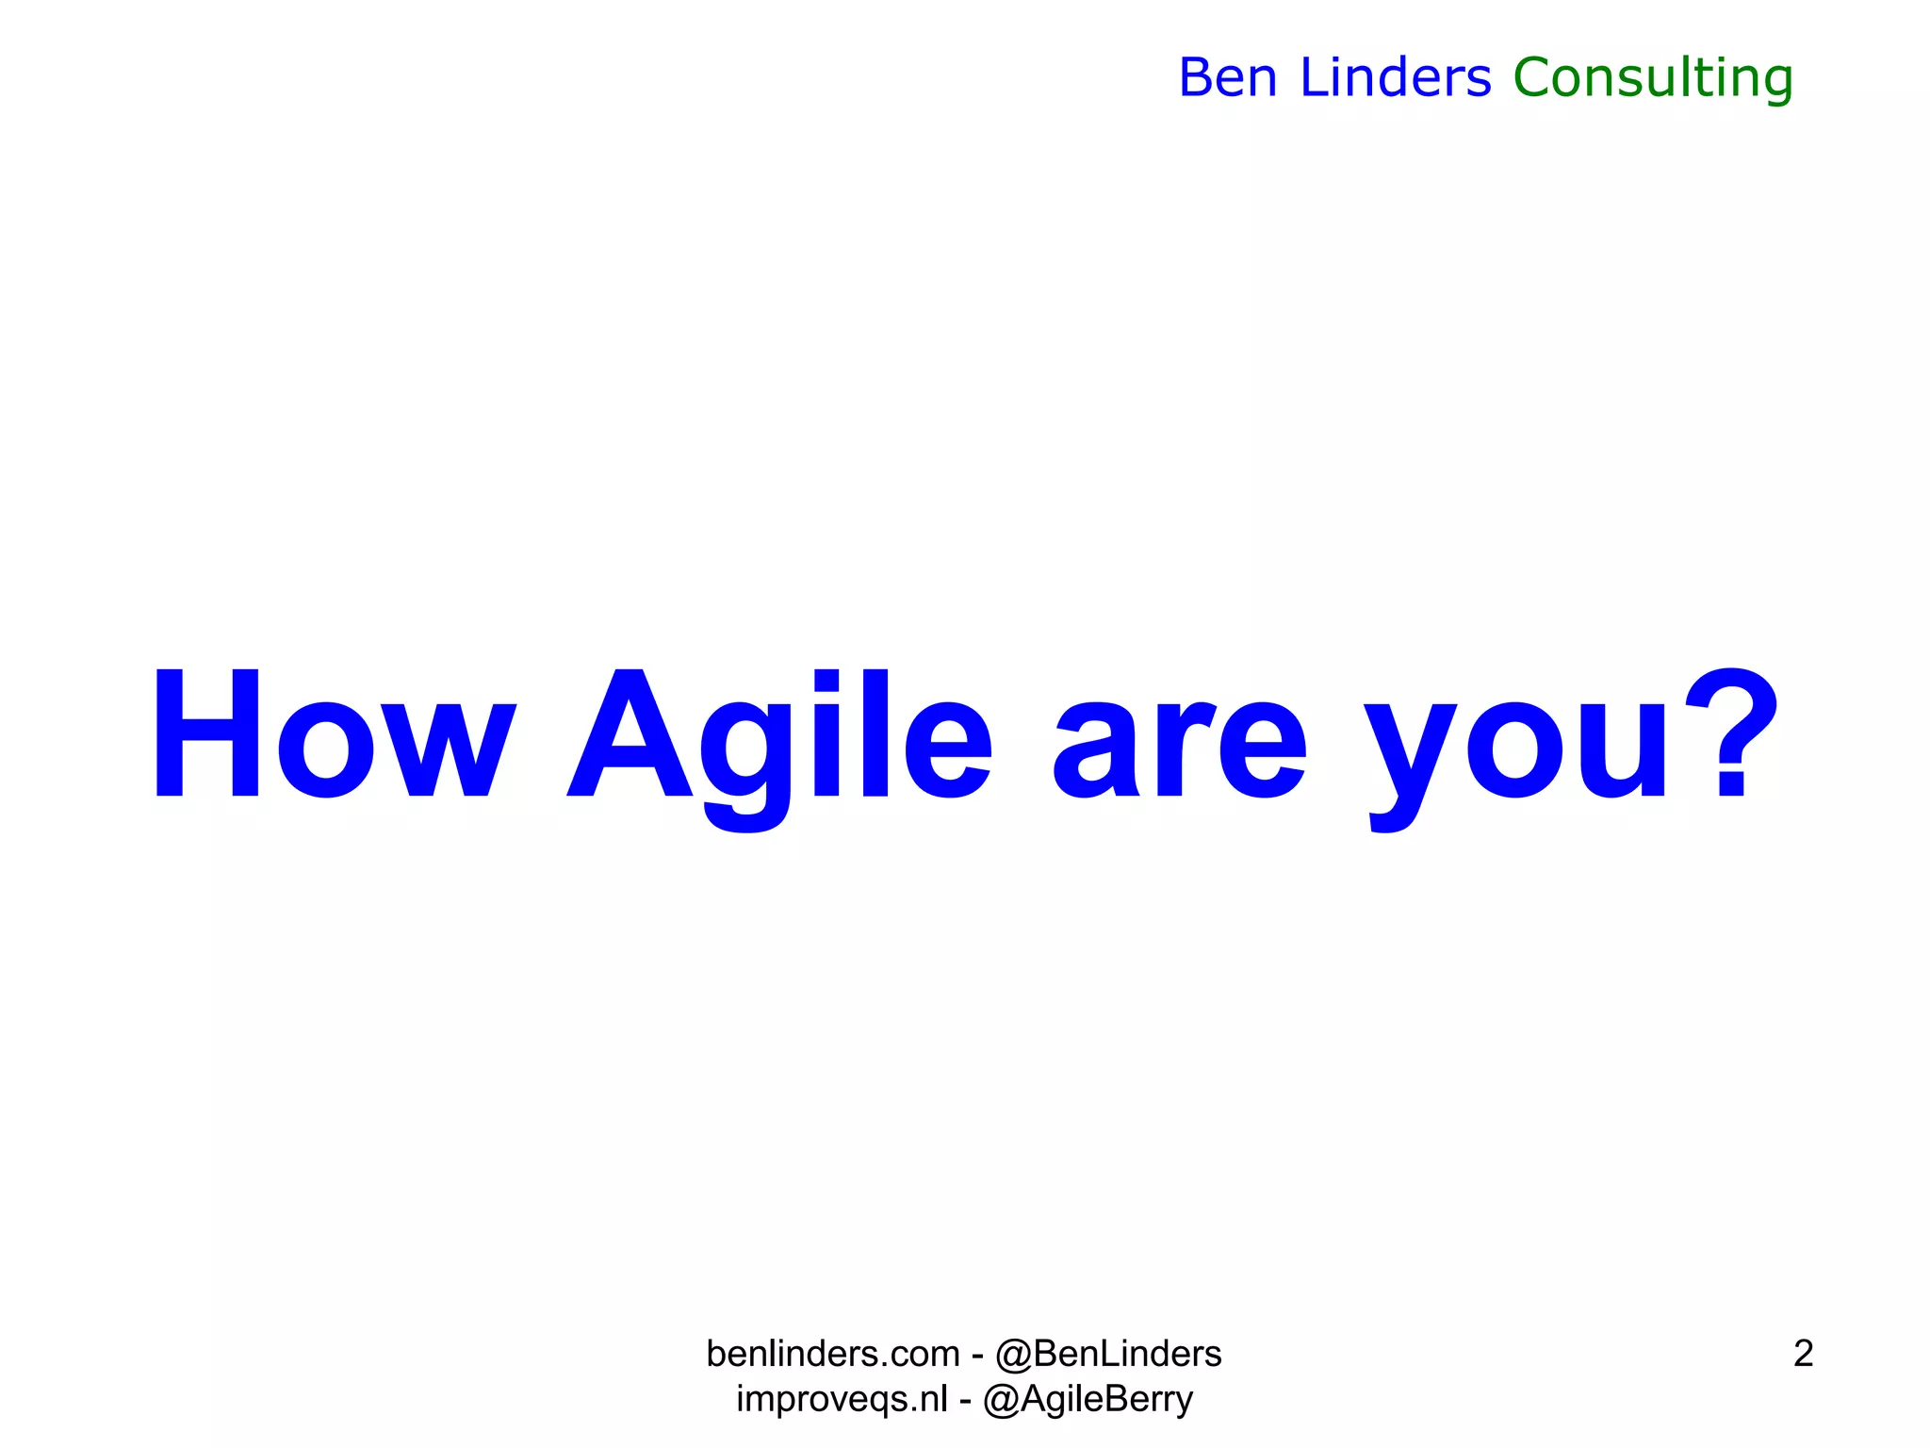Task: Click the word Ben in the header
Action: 1228,77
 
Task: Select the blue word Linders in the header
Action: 1396,77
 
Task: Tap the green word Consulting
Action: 1653,79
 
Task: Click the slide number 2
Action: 1803,1354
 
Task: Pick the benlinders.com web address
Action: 833,1354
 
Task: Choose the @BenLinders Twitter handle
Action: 1108,1354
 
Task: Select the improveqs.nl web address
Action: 842,1399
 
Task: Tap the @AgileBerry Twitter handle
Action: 1088,1399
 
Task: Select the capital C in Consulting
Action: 1536,77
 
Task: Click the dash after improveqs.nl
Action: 965,1400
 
